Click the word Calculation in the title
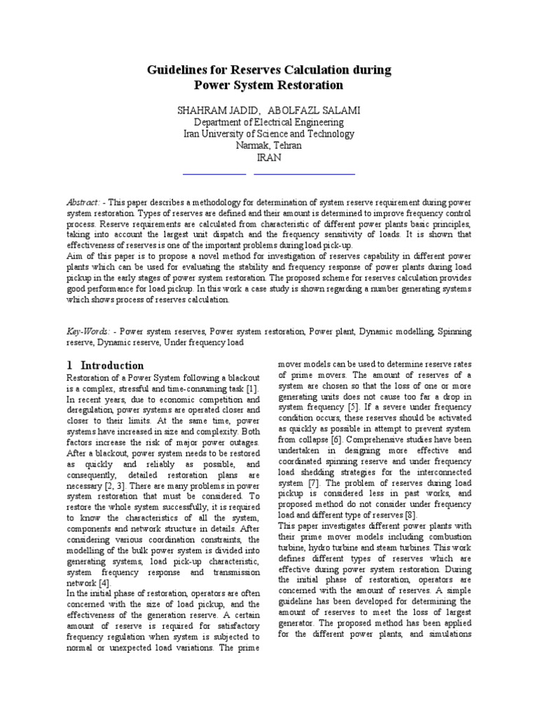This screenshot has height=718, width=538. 323,70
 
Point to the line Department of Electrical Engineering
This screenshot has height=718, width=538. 269,122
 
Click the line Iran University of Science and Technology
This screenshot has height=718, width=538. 269,134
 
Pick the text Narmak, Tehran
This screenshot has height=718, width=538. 269,146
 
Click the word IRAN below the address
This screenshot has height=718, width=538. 269,158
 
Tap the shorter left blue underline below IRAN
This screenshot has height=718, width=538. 214,172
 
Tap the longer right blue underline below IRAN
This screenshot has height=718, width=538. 309,172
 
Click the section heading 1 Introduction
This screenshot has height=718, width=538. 106,365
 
